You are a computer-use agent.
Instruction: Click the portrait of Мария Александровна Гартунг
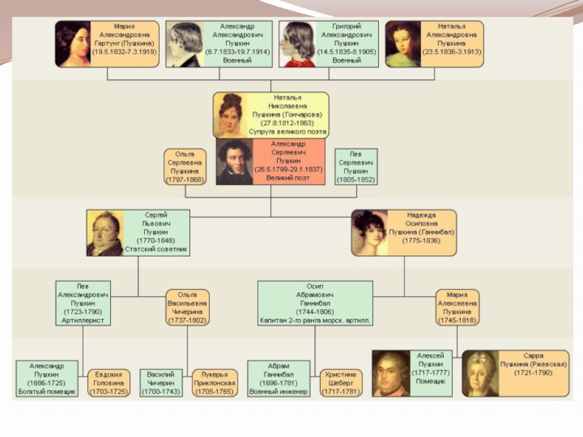[x=73, y=44]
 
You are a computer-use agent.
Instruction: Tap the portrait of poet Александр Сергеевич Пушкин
[x=234, y=162]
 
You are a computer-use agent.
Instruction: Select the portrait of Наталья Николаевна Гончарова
[x=230, y=115]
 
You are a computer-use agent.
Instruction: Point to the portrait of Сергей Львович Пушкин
[x=105, y=233]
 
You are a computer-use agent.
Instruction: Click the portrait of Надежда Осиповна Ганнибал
[x=369, y=233]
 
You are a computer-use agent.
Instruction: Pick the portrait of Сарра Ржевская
[x=480, y=373]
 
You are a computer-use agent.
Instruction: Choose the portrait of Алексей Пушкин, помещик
[x=391, y=373]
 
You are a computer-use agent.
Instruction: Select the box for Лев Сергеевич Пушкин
[x=356, y=166]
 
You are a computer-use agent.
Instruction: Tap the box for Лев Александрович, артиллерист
[x=83, y=302]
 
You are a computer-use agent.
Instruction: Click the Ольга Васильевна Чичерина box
[x=187, y=307]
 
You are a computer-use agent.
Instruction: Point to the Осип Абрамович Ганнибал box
[x=315, y=302]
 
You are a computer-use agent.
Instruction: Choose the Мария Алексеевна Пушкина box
[x=458, y=307]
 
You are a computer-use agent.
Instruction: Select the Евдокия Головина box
[x=109, y=382]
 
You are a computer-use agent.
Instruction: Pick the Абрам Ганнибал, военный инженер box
[x=278, y=378]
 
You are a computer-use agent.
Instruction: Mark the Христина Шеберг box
[x=341, y=382]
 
